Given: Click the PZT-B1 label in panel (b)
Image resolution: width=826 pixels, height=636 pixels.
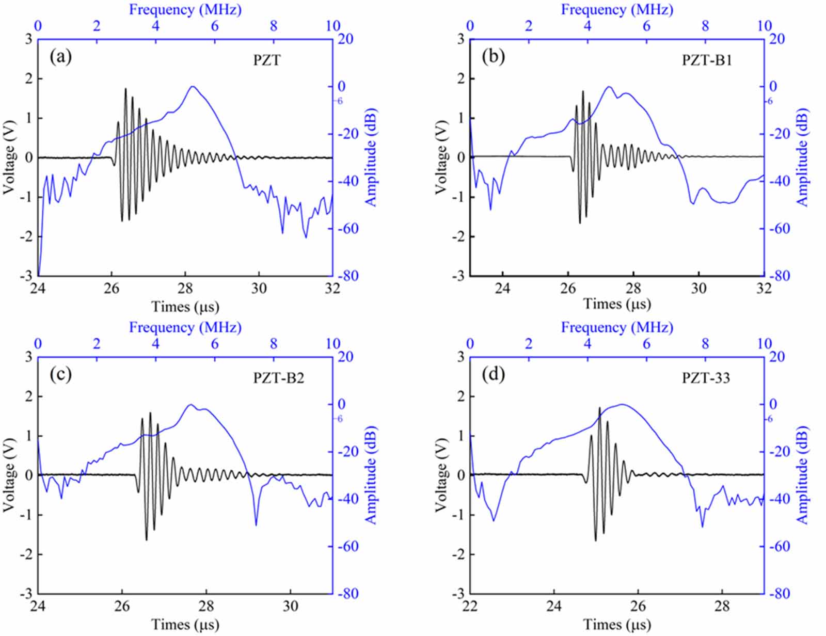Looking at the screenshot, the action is [x=707, y=60].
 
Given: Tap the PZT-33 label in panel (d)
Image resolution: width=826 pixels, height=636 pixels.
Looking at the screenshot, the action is [x=706, y=378].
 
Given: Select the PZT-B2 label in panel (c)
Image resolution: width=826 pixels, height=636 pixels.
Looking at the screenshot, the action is [x=279, y=378].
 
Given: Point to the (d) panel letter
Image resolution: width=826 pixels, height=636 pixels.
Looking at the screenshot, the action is [x=493, y=375].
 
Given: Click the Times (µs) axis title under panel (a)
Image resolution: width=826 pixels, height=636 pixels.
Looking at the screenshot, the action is [x=185, y=307].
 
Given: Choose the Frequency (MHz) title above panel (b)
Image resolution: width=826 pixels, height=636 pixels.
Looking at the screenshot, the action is [x=617, y=9].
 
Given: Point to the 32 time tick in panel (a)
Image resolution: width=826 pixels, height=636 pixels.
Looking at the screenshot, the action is [x=332, y=289].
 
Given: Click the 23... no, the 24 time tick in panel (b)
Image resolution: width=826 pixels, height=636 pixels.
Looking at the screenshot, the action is [x=502, y=289].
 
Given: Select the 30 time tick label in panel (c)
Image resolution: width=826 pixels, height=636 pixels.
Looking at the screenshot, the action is [x=291, y=607].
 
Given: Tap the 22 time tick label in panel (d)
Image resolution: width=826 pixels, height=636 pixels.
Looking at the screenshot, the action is [x=470, y=607].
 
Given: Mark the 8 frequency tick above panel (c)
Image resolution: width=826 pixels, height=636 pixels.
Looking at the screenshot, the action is [x=274, y=343].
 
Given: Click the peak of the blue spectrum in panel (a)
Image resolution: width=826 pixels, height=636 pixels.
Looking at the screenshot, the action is [x=193, y=86].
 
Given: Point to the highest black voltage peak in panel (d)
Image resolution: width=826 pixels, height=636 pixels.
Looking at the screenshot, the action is [x=599, y=407].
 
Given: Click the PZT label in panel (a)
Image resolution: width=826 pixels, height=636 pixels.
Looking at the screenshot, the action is [x=267, y=60].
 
